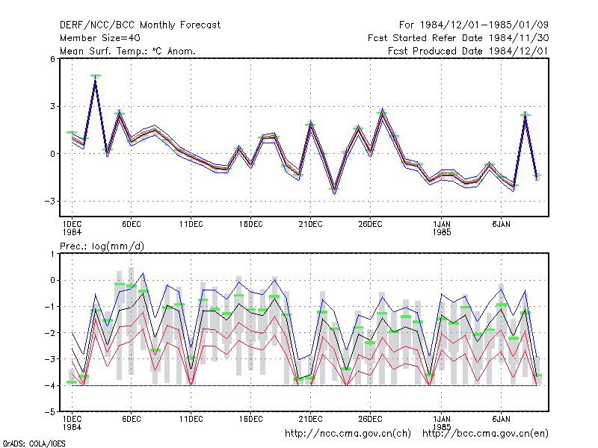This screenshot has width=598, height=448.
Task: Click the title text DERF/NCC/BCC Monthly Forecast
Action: (140, 25)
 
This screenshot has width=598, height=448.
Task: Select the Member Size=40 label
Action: (100, 38)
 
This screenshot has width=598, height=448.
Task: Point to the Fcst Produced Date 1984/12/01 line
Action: (468, 51)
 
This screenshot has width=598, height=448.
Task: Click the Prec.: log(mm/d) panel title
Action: (102, 246)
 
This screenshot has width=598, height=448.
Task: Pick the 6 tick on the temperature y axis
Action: (52, 59)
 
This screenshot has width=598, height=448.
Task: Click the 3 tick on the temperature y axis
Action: (52, 106)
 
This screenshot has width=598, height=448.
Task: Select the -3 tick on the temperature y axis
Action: (50, 201)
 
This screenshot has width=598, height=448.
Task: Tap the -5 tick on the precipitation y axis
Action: (50, 412)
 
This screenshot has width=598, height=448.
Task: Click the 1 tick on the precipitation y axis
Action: (52, 254)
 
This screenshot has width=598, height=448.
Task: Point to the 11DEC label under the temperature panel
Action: (191, 225)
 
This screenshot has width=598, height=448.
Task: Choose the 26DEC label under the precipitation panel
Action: (370, 419)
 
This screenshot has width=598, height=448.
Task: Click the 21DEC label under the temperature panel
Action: (310, 225)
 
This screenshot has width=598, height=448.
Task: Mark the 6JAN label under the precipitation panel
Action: (501, 419)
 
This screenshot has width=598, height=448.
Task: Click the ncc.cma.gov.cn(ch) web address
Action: (348, 434)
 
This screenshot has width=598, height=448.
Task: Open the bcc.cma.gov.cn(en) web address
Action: (485, 434)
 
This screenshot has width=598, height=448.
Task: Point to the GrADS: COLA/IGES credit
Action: (34, 444)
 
